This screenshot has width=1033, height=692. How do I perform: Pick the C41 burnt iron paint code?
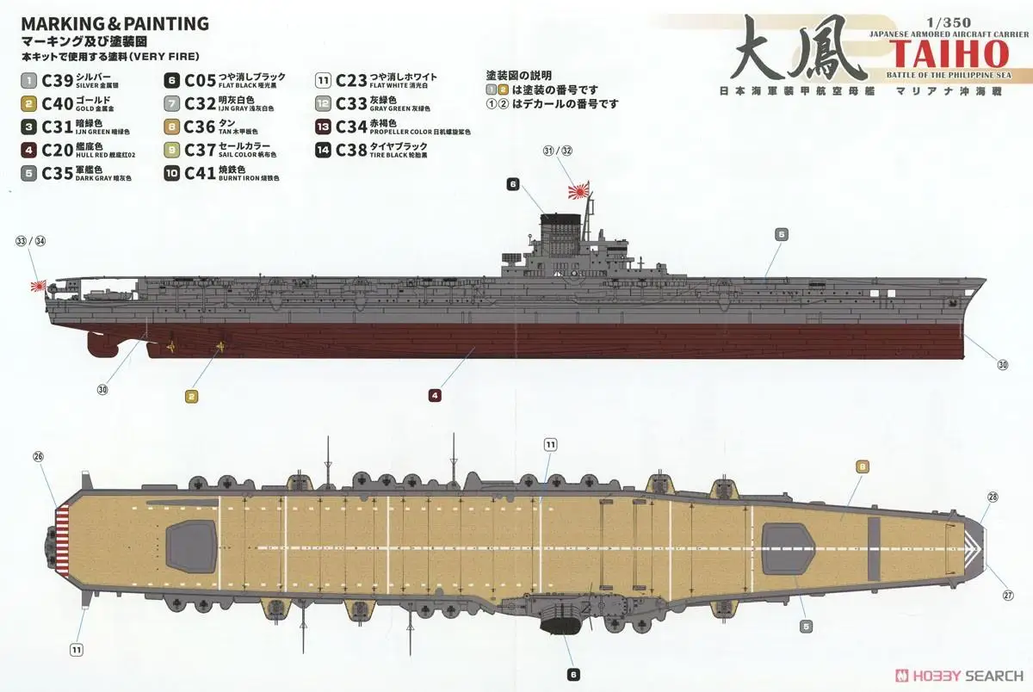tap(200, 173)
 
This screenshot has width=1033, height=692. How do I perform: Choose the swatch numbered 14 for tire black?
tap(324, 150)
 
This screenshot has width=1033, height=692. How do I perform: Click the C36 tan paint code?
tap(200, 127)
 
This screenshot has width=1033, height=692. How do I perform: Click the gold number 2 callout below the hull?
tap(191, 396)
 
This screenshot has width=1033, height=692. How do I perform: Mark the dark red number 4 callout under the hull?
tap(436, 396)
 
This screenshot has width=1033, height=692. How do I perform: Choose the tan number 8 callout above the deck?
tap(863, 467)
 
